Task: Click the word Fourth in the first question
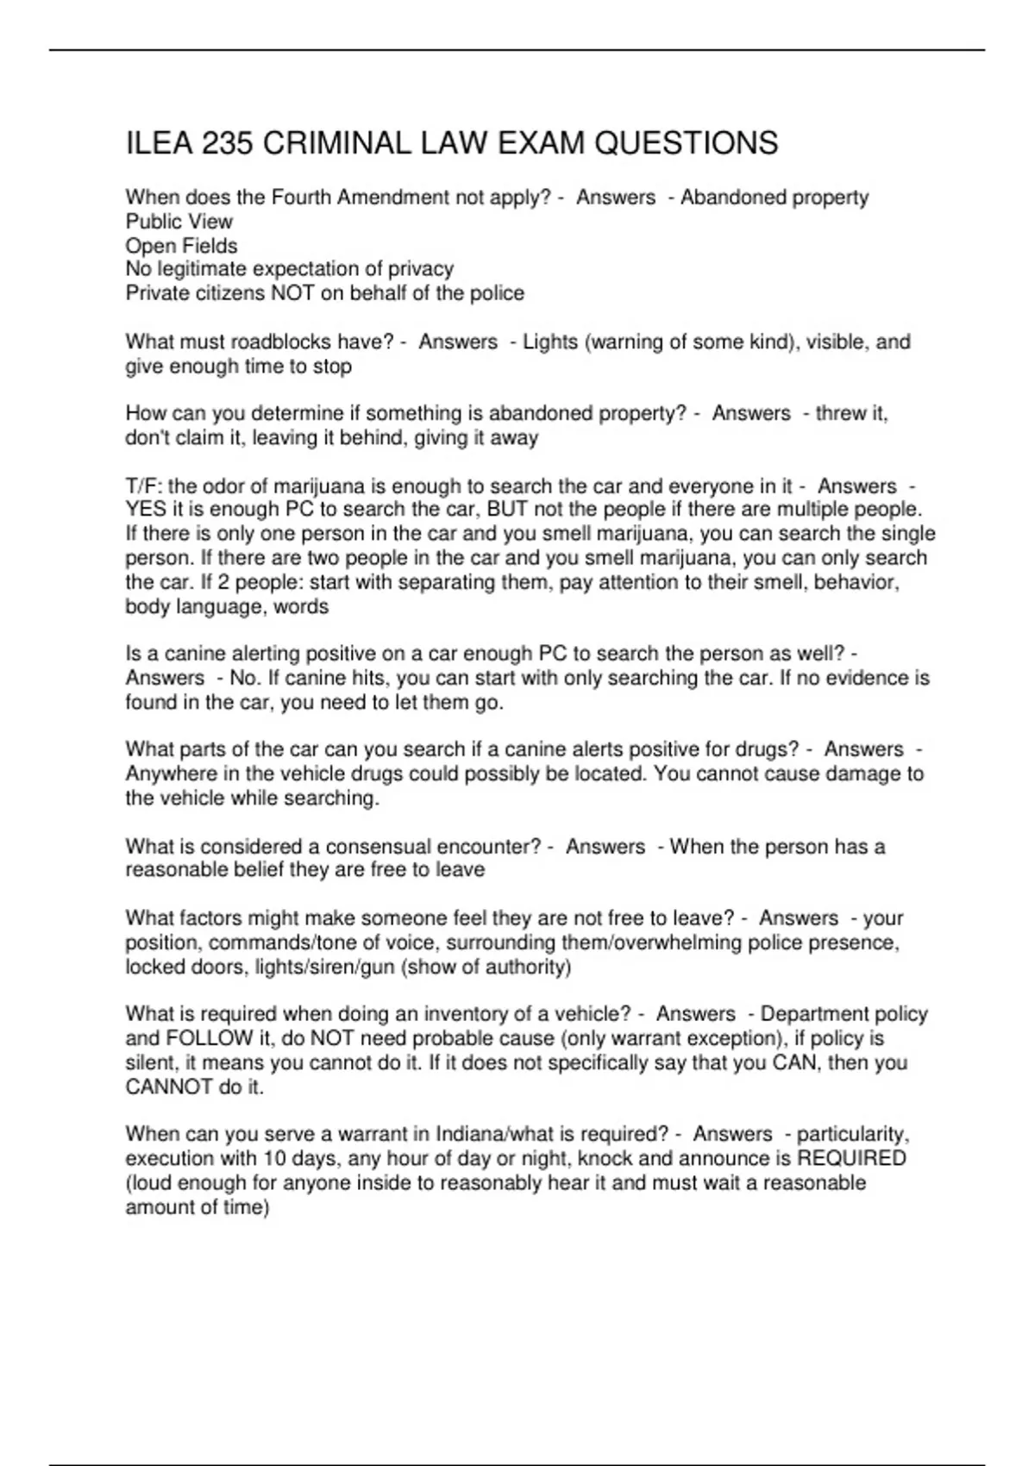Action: point(302,197)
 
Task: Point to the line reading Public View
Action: point(179,222)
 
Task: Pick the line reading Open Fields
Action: point(181,246)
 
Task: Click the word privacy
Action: point(420,269)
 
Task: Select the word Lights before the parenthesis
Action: point(550,342)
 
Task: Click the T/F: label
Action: point(143,486)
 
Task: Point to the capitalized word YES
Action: point(146,510)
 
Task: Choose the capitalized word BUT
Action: point(507,510)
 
